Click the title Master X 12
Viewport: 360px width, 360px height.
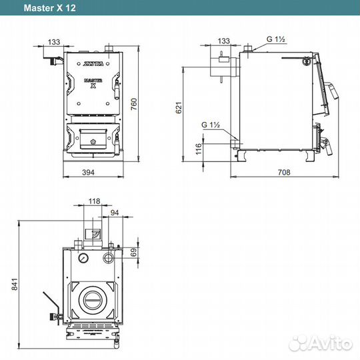coord(49,8)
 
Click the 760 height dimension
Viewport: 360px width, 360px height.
coord(133,104)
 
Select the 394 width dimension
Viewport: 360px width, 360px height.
coord(88,172)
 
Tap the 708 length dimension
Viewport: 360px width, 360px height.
coord(284,172)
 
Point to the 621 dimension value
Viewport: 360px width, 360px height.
coord(179,107)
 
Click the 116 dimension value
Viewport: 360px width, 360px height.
coord(199,149)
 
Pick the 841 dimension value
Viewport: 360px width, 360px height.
coord(14,284)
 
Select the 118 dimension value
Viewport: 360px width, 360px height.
coord(95,201)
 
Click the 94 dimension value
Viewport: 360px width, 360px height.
coord(115,213)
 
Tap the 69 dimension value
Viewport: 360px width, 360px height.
coord(133,252)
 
